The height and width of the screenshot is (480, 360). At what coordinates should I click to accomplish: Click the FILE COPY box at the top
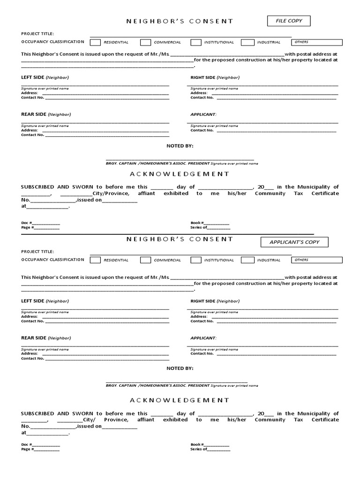coord(289,21)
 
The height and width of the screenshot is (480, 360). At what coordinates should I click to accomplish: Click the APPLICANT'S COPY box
coord(294,242)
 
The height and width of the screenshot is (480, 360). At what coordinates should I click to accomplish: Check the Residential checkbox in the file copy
coord(95,43)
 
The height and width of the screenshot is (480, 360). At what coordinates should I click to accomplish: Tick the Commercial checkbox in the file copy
coord(145,43)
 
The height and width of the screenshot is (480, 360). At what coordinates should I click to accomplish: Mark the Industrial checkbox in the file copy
coord(247,43)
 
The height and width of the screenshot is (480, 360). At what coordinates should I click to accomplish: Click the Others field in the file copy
coord(317,42)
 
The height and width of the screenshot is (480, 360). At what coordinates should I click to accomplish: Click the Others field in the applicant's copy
coord(317,260)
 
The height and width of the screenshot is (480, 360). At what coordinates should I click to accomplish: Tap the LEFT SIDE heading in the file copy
coord(33,77)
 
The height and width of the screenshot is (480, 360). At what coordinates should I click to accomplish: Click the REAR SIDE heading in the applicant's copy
coord(34,337)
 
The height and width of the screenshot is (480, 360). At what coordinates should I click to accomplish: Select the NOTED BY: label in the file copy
coord(180,146)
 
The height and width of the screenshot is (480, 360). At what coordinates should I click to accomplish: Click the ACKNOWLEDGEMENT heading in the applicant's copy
coord(180,400)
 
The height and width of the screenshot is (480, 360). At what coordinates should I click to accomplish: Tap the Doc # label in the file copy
coord(27,223)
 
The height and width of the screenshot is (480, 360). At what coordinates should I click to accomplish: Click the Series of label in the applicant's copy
coord(199,449)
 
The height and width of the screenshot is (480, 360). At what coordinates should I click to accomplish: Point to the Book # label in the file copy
coord(197,223)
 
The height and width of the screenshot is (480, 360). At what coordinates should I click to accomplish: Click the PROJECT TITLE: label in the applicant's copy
coord(37,251)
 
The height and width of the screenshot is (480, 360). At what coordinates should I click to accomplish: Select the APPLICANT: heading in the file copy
coord(203,114)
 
